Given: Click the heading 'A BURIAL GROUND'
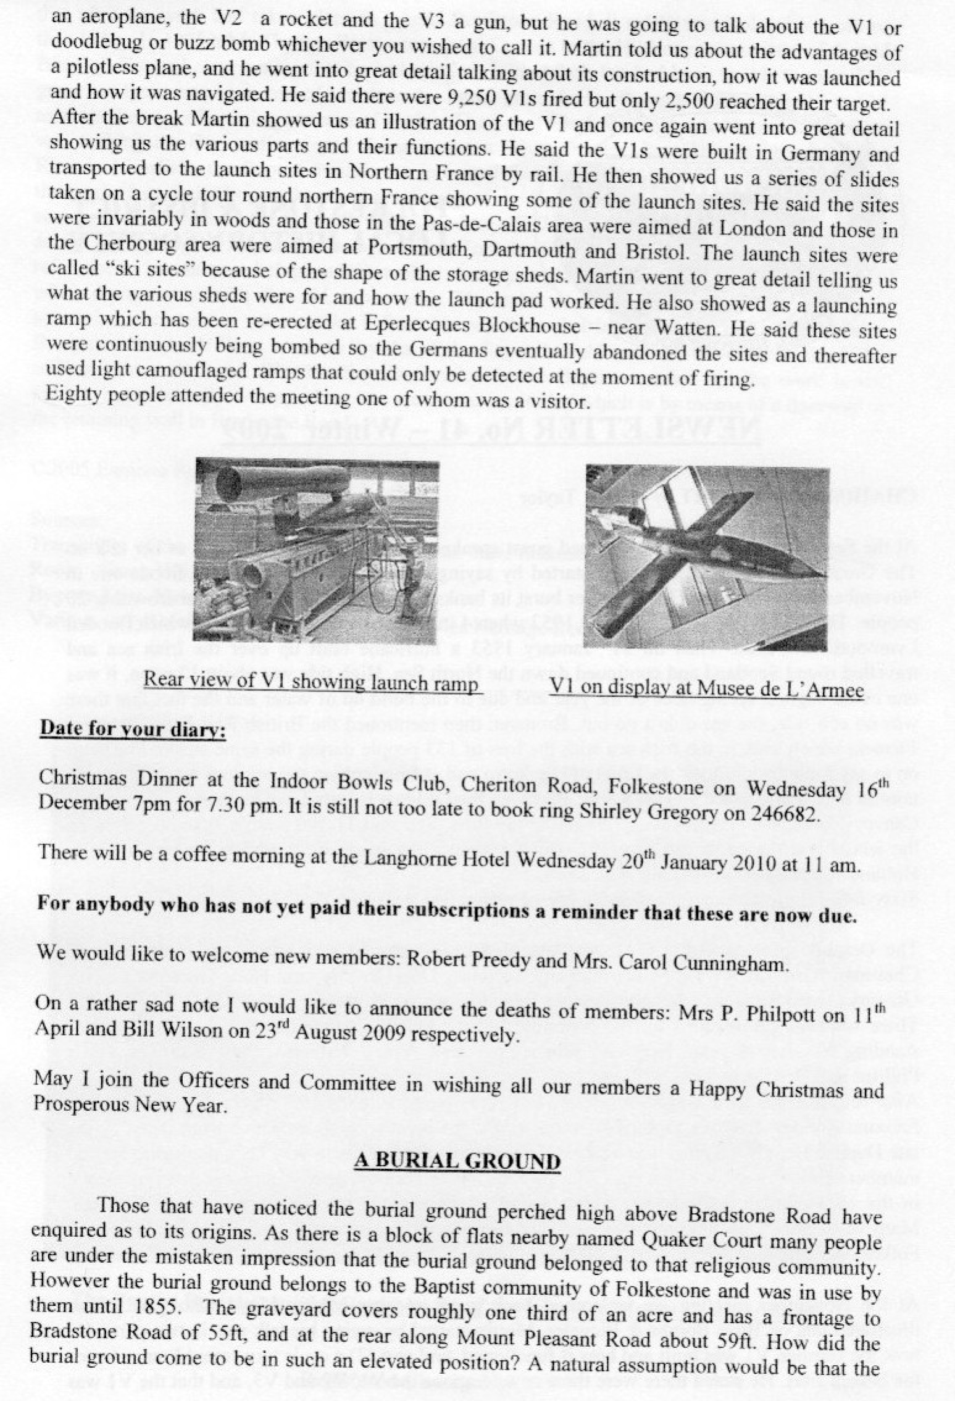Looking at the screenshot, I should (457, 1161).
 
